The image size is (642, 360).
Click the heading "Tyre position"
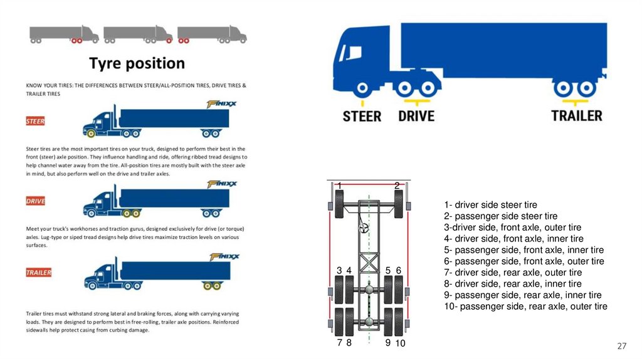coord(137,63)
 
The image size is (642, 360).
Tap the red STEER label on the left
coord(35,120)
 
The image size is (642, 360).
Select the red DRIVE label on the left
coord(35,201)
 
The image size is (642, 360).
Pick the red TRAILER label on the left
coord(38,273)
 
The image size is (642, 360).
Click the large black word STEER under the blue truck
coord(362,116)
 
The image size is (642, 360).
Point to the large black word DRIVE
coord(416,116)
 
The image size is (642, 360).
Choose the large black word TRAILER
coord(576,116)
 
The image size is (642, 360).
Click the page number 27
coord(622,346)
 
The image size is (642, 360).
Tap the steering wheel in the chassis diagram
coord(363,228)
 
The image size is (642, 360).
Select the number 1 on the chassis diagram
coord(339,186)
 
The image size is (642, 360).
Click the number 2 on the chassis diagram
coord(397,186)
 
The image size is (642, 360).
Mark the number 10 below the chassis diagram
coord(400,343)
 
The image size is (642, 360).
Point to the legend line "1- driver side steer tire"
coord(490,204)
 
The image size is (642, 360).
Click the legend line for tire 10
coord(525,306)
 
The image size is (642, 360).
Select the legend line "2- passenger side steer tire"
coord(500,216)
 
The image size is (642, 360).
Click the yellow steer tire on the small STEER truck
coord(91,133)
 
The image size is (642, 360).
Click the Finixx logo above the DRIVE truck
coord(223,184)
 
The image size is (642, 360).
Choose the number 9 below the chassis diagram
coord(387,343)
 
